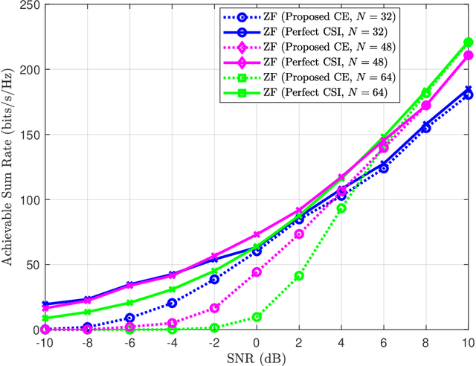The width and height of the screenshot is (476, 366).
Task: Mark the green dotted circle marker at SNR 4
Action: (341, 209)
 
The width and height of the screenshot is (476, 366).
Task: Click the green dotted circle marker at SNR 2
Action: (299, 276)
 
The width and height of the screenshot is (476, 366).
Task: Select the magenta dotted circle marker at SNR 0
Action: (257, 272)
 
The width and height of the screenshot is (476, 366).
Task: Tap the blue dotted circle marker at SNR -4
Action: (172, 303)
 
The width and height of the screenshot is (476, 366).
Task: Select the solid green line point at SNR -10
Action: (45, 318)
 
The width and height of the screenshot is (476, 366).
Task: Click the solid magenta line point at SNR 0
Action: (257, 234)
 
